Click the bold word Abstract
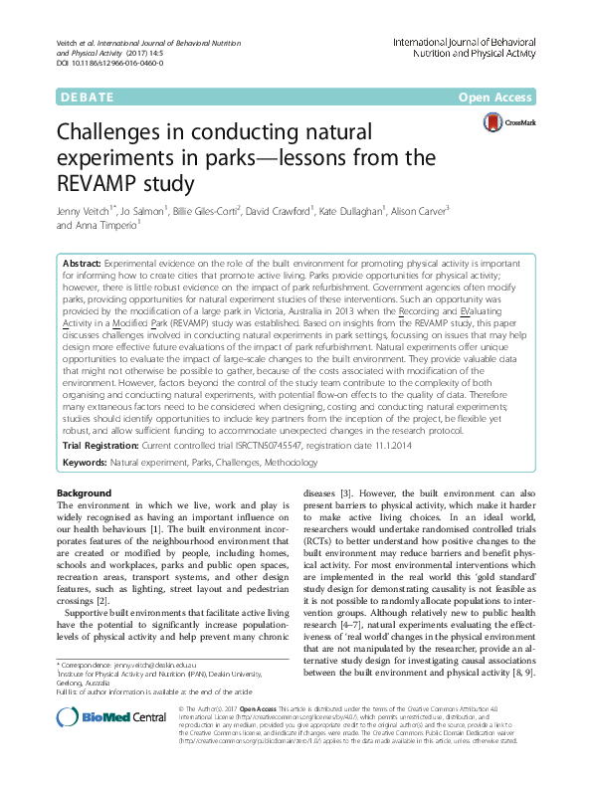coord(85,261)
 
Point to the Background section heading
coord(85,493)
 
